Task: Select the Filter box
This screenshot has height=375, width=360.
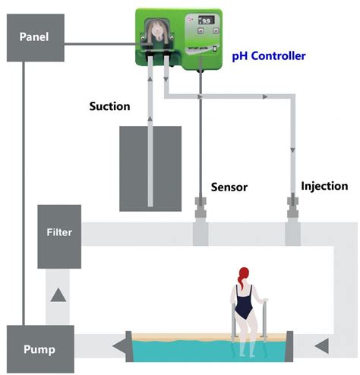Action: click(x=58, y=232)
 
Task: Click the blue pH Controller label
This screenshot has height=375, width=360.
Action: click(x=269, y=56)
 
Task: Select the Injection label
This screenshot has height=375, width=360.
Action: click(x=324, y=186)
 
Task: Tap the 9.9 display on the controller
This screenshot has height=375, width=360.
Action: click(x=205, y=24)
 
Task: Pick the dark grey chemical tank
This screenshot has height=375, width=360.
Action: click(x=150, y=168)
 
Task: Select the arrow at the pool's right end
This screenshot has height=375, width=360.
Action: click(x=323, y=348)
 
